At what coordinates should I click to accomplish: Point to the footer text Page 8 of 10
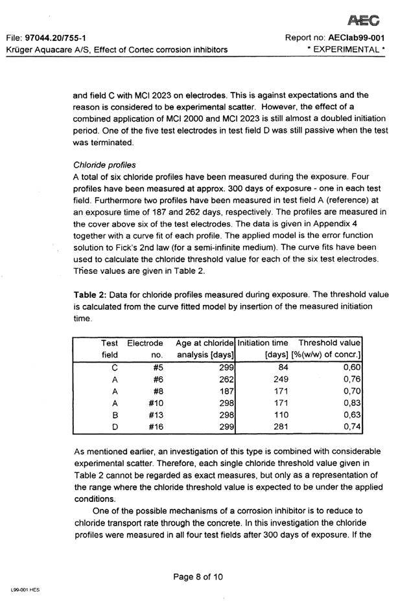point(198,575)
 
